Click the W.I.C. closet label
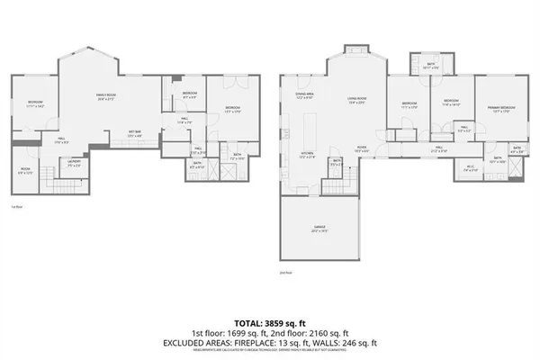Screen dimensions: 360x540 [x=470, y=166]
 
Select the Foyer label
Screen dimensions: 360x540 [x=360, y=148]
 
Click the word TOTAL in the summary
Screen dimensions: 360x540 [x=247, y=321]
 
